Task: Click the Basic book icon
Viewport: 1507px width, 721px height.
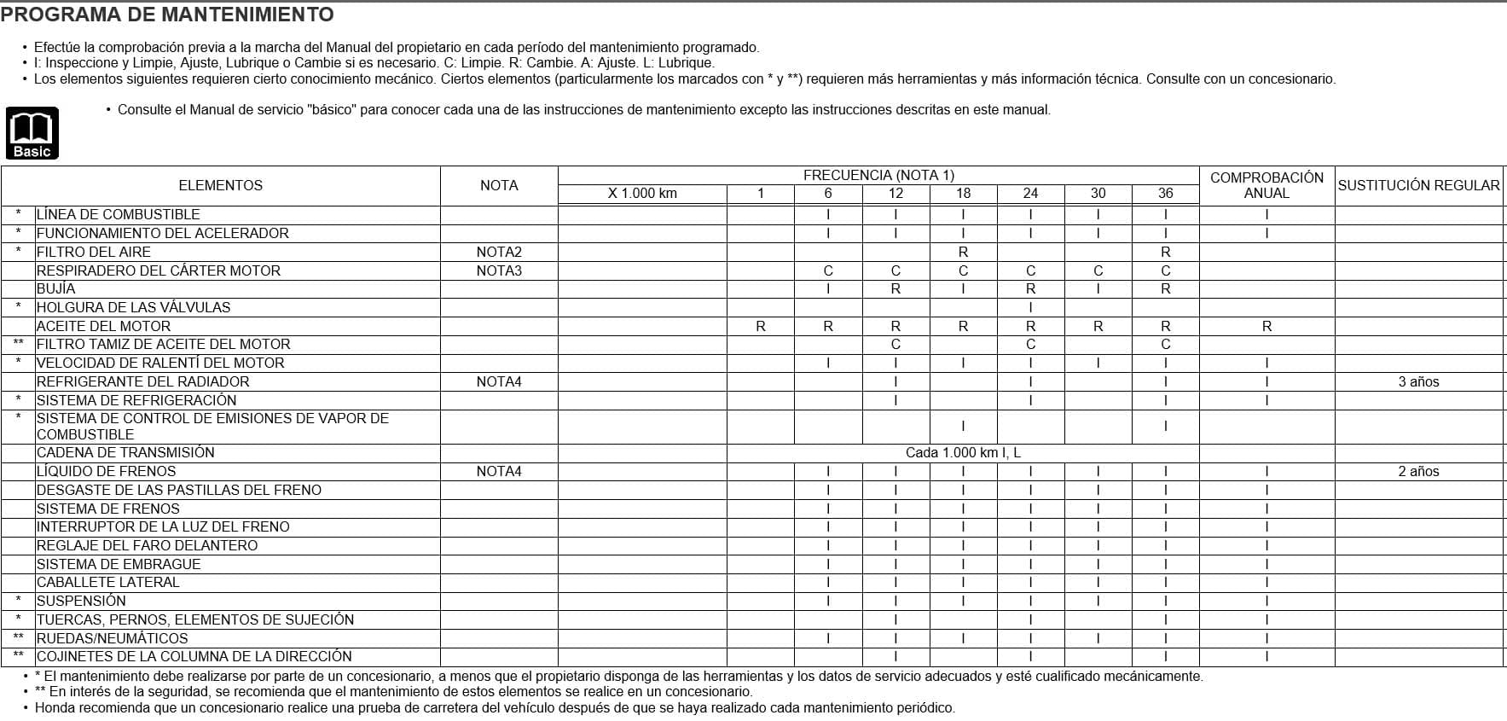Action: tap(32, 133)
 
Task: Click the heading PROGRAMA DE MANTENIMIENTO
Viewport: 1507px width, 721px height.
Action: tap(167, 15)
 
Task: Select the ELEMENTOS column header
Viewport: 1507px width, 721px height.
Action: tap(220, 185)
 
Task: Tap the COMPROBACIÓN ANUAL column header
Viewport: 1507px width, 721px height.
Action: tap(1266, 185)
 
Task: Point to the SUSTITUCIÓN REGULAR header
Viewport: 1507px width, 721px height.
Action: tap(1418, 185)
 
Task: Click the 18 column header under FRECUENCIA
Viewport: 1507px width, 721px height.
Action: tap(963, 194)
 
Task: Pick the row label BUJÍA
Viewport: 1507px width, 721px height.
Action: tap(56, 288)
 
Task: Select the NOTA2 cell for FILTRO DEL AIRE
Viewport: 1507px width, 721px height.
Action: tap(499, 252)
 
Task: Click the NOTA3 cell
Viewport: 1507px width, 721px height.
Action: tap(499, 270)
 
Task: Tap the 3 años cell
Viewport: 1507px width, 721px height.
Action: tap(1418, 381)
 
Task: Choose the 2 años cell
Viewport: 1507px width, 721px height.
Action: tap(1418, 471)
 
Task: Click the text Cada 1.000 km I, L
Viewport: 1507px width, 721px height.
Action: tap(963, 452)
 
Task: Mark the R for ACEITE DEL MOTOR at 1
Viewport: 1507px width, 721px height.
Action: tap(761, 326)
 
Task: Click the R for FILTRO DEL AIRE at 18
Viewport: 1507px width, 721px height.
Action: tap(963, 252)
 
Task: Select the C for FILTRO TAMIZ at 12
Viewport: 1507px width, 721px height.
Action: tap(896, 344)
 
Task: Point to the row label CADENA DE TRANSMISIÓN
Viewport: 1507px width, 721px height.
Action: tap(125, 452)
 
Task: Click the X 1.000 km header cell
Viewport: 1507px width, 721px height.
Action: tap(642, 194)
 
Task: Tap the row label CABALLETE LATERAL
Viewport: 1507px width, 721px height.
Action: tap(108, 582)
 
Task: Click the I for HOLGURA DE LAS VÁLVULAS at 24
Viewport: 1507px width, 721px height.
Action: tap(1030, 307)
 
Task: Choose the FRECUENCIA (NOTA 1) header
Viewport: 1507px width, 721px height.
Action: tap(878, 175)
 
